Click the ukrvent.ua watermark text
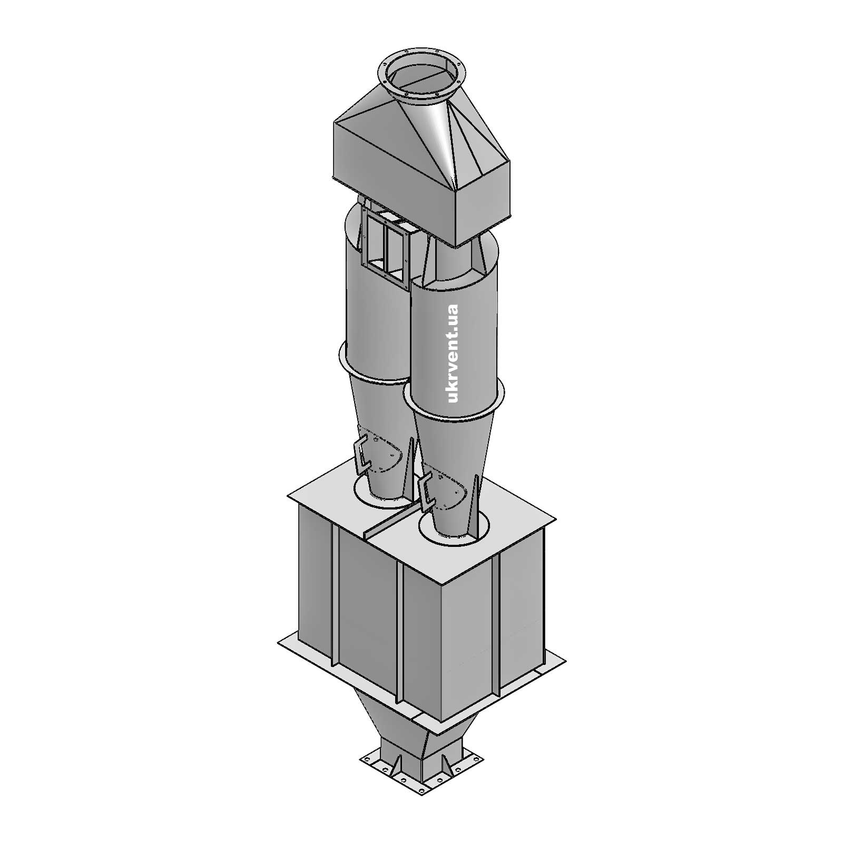[x=453, y=354]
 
